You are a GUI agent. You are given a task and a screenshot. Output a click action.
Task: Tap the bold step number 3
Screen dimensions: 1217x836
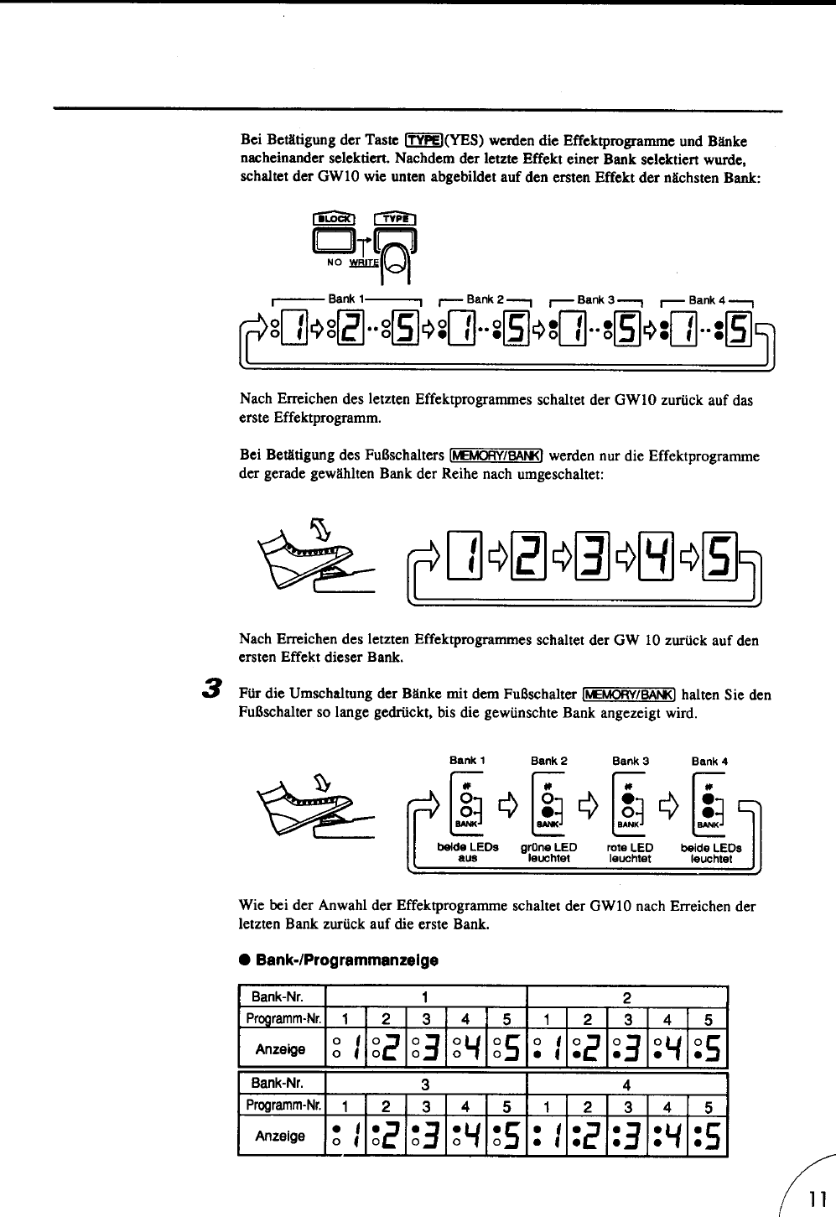point(215,688)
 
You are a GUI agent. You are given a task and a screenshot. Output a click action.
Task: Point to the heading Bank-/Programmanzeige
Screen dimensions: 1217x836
point(346,958)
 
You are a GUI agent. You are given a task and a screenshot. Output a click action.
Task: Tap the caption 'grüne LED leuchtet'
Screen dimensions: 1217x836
point(549,853)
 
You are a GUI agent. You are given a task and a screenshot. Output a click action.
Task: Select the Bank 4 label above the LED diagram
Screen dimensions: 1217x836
point(709,762)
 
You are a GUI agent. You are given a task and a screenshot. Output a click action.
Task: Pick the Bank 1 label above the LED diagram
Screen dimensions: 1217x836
point(467,762)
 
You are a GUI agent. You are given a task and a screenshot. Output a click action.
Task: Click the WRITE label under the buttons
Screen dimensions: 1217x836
point(366,261)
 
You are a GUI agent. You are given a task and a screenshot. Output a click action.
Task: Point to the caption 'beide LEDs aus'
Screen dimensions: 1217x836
point(467,853)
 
